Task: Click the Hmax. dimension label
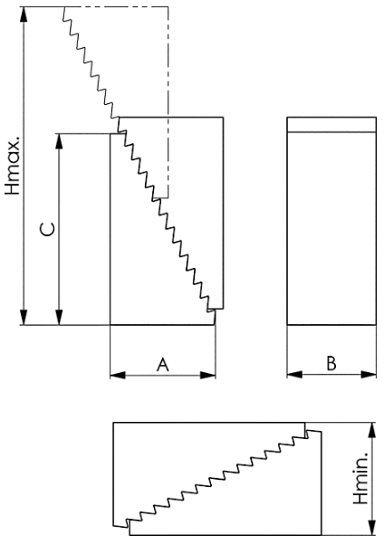12,165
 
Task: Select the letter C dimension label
48,229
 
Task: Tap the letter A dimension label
163,365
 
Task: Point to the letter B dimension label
331,364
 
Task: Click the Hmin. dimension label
360,479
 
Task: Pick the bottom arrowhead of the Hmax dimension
24,317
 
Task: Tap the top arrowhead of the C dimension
60,141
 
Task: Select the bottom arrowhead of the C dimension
60,317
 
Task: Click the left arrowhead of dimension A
118,375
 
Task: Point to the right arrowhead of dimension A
208,375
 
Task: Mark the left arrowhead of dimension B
295,374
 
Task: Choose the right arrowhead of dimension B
369,374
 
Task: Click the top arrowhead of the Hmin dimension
372,431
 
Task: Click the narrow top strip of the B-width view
331,125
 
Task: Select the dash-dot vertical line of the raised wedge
168,102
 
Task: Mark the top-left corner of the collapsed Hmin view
114,423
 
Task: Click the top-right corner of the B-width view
376,118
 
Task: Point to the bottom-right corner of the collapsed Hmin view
322,535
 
